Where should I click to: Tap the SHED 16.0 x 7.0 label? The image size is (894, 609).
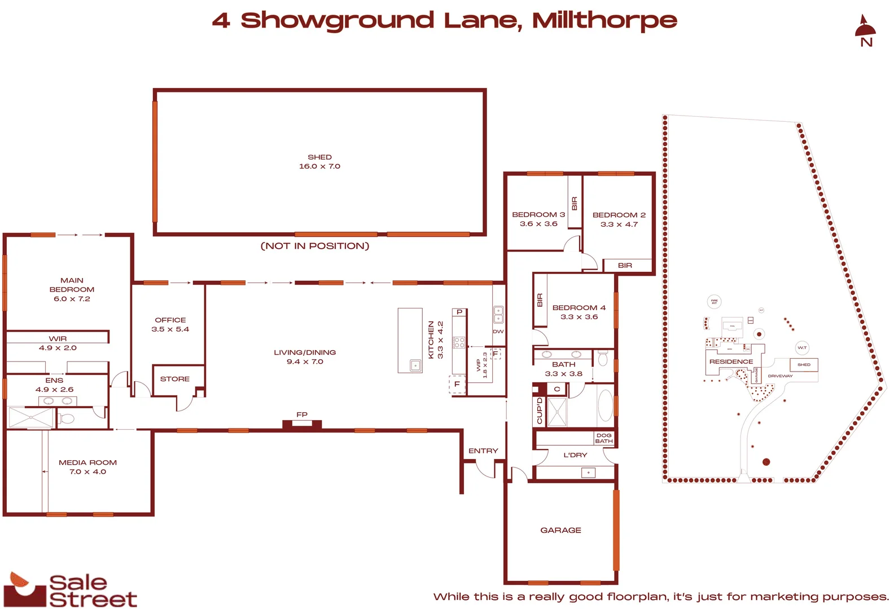coord(319,162)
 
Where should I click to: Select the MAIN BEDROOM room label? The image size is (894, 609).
coord(72,289)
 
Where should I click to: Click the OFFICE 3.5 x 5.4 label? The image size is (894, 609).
coord(170,324)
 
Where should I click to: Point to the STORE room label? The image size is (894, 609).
coord(174,379)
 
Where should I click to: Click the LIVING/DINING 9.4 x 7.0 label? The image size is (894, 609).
coord(305,357)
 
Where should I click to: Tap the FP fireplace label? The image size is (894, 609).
coord(302,414)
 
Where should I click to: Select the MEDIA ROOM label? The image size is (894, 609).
coord(87,467)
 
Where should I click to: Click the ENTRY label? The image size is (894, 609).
coord(483,451)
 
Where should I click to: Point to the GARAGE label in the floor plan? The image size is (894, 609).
coord(560,530)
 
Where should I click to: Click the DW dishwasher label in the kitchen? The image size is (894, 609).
coord(498,332)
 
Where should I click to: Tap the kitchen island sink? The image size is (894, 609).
coord(415,365)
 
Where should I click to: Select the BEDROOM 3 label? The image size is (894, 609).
coord(538,219)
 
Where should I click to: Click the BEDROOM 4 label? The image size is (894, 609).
coord(579,312)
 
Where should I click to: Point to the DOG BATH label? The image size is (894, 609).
coord(603,438)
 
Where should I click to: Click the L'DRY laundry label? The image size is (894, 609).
coord(575,455)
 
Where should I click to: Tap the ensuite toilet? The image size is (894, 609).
coord(66,418)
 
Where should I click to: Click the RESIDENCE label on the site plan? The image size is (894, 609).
coord(731,361)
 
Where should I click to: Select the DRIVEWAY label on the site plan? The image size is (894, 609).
coord(780,376)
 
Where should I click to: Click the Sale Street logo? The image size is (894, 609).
coord(70,590)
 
